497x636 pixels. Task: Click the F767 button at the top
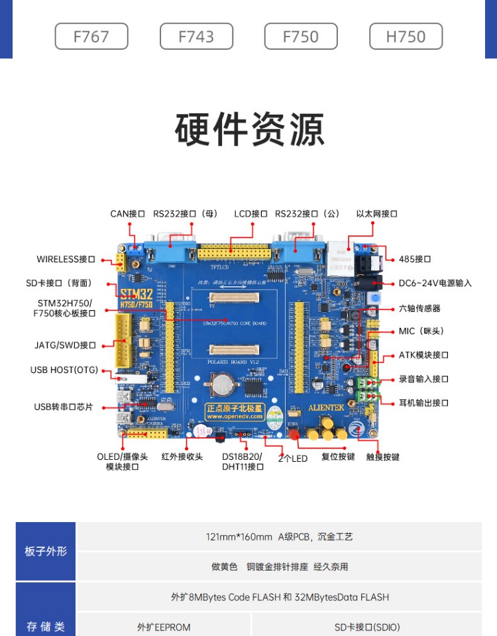click(91, 36)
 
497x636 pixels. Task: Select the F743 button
click(196, 36)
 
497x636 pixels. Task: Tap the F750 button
click(301, 36)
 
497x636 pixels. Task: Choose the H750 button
click(406, 36)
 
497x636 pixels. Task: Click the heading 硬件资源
click(249, 130)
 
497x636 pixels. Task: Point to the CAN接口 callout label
click(127, 214)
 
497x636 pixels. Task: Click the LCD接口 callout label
click(250, 214)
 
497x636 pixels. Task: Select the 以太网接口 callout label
click(376, 214)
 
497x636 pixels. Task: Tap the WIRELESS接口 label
click(66, 259)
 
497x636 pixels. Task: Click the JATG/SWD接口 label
click(65, 345)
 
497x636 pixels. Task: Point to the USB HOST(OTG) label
click(64, 370)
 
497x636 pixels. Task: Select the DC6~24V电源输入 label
click(435, 283)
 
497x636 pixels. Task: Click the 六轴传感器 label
click(419, 308)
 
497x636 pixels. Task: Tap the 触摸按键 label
click(383, 457)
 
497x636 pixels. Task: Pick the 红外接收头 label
click(182, 457)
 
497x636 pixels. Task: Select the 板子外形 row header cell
click(46, 551)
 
